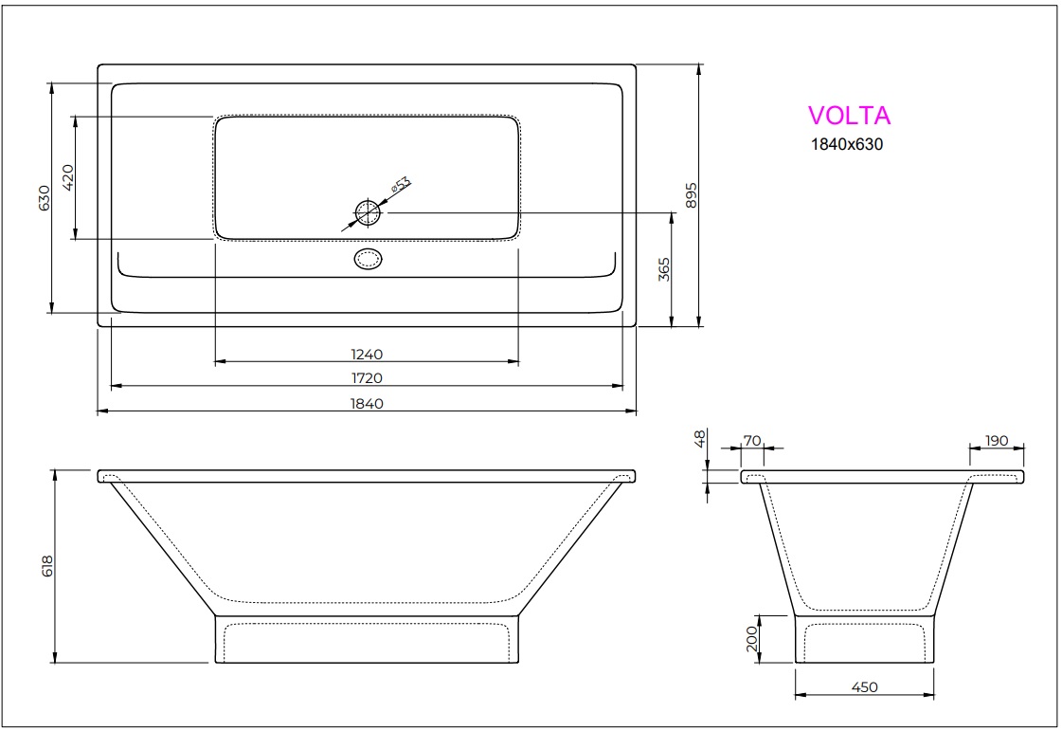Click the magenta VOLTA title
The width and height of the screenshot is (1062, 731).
pyautogui.click(x=849, y=116)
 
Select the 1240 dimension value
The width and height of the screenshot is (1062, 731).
pyautogui.click(x=367, y=355)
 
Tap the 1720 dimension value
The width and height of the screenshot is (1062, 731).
pyautogui.click(x=367, y=378)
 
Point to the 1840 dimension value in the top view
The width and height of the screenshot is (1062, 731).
pyautogui.click(x=367, y=403)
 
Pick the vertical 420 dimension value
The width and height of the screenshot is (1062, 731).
pyautogui.click(x=67, y=177)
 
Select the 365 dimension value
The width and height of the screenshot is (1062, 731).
pyautogui.click(x=664, y=269)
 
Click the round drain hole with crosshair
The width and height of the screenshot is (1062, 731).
pyautogui.click(x=368, y=212)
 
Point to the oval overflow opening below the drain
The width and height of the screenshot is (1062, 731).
pyautogui.click(x=368, y=259)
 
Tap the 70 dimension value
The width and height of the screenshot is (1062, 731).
pyautogui.click(x=752, y=441)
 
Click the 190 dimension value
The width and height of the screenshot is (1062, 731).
pyautogui.click(x=997, y=441)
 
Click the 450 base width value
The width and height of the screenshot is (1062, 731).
pyautogui.click(x=865, y=687)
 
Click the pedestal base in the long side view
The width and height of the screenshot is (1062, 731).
pyautogui.click(x=368, y=640)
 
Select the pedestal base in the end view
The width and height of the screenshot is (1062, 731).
pyautogui.click(x=864, y=640)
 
